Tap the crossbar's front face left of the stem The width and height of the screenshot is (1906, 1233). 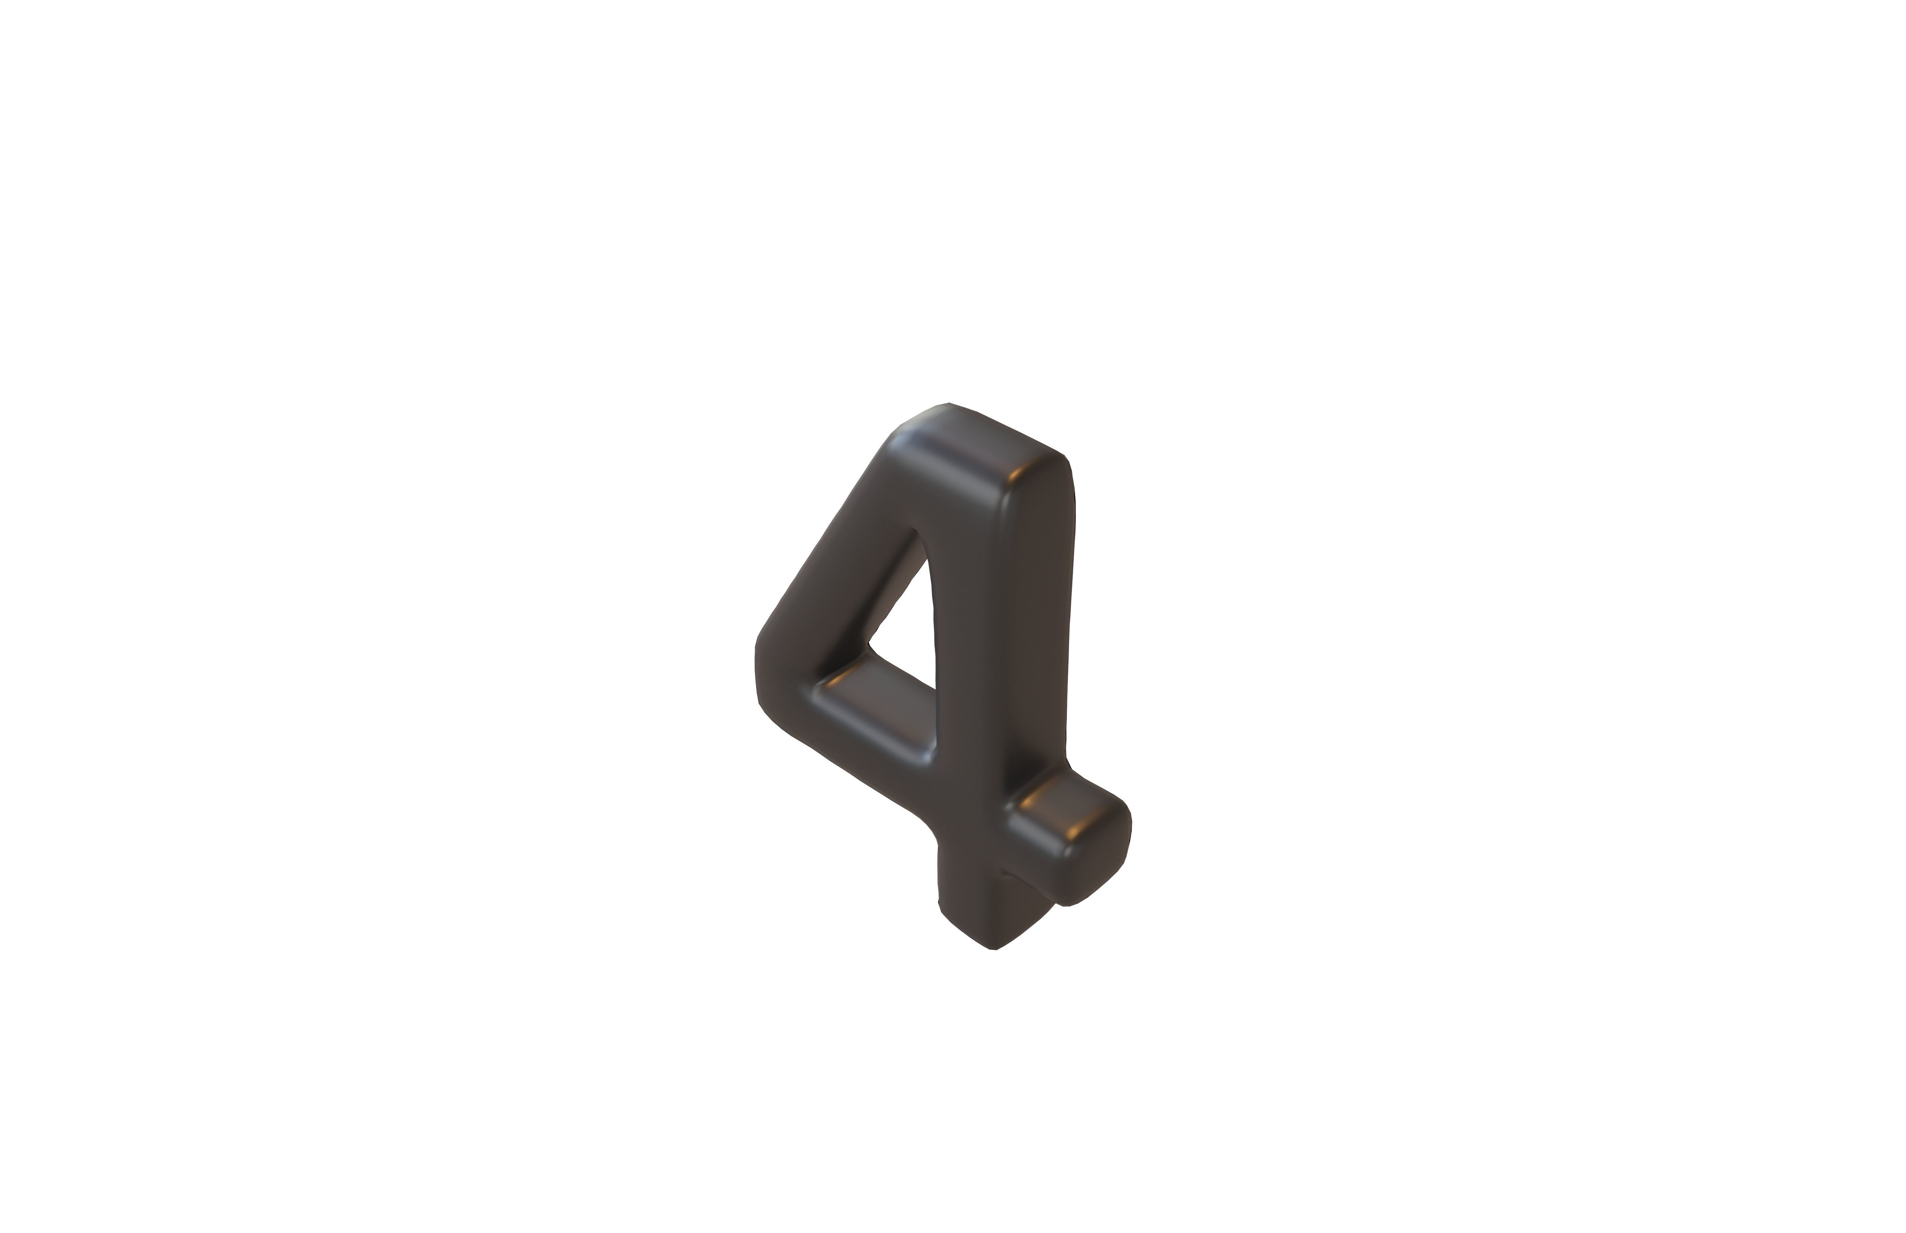click(865, 745)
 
